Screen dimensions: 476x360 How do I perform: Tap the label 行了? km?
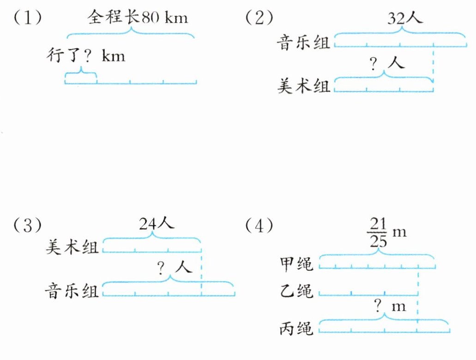click(86, 57)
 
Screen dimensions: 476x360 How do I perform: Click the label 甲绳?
click(296, 264)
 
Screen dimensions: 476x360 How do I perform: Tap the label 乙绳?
click(296, 291)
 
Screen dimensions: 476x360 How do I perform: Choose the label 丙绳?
click(296, 329)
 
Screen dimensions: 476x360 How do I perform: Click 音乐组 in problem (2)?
click(303, 44)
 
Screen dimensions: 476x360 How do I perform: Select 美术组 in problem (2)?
click(303, 85)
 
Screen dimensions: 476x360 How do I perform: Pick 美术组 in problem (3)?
click(72, 248)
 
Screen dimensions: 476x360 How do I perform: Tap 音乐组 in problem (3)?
click(72, 291)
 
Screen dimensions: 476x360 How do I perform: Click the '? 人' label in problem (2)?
click(387, 63)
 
